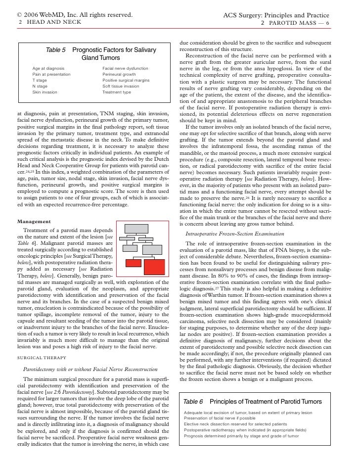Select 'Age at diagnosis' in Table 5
[48, 68]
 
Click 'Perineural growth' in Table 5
[119, 74]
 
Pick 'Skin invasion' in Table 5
[45, 92]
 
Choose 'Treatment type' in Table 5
[117, 92]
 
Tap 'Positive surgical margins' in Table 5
[126, 80]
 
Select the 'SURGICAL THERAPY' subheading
[40, 355]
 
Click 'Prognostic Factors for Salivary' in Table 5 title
[114, 50]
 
